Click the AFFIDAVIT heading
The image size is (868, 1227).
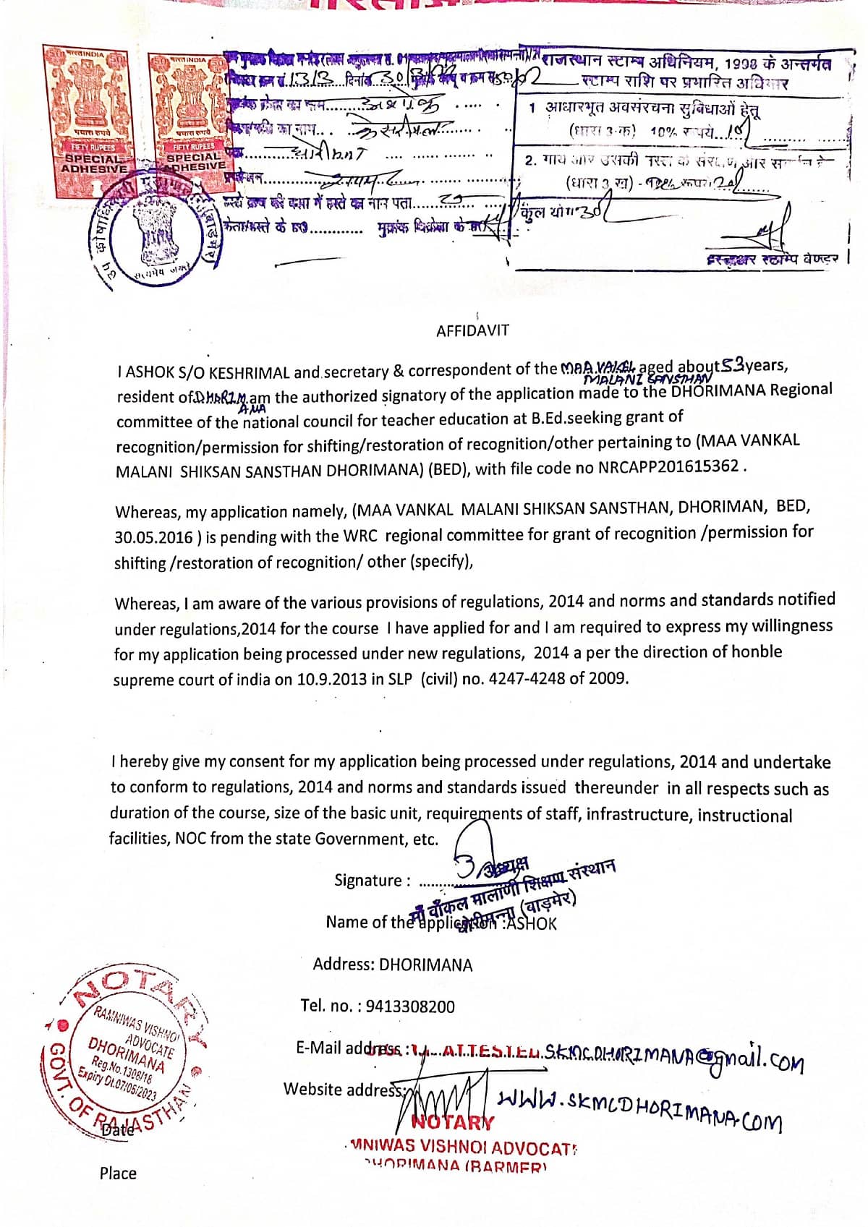(472, 330)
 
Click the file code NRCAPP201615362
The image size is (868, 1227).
(668, 466)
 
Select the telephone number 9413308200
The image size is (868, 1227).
(410, 1006)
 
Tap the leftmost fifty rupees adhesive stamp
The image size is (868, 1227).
(92, 112)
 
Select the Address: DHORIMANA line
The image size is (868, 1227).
(392, 965)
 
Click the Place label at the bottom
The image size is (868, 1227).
(118, 1173)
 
